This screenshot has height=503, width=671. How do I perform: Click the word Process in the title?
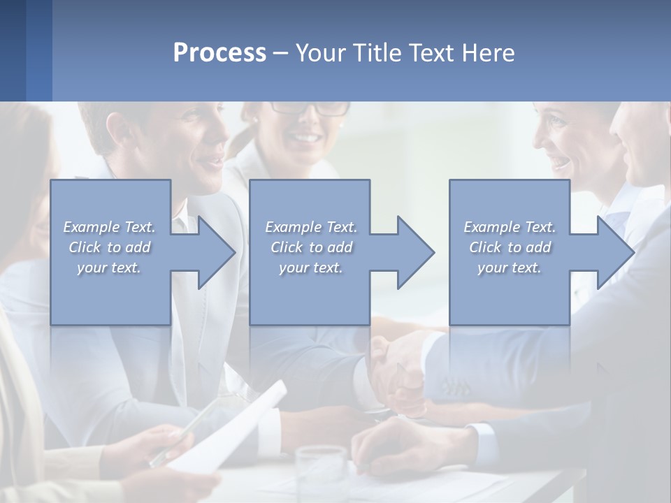click(219, 52)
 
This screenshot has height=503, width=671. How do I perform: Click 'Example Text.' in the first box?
click(110, 227)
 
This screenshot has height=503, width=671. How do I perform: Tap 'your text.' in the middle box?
click(310, 268)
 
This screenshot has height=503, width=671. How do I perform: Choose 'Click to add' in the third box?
click(510, 247)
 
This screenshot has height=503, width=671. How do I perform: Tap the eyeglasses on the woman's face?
click(310, 108)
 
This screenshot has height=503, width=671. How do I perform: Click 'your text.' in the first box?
click(110, 268)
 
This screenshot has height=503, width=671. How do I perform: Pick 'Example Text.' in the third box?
click(510, 227)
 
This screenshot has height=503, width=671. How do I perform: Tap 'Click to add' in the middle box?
click(310, 247)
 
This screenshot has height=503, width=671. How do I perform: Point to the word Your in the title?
click(319, 52)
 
